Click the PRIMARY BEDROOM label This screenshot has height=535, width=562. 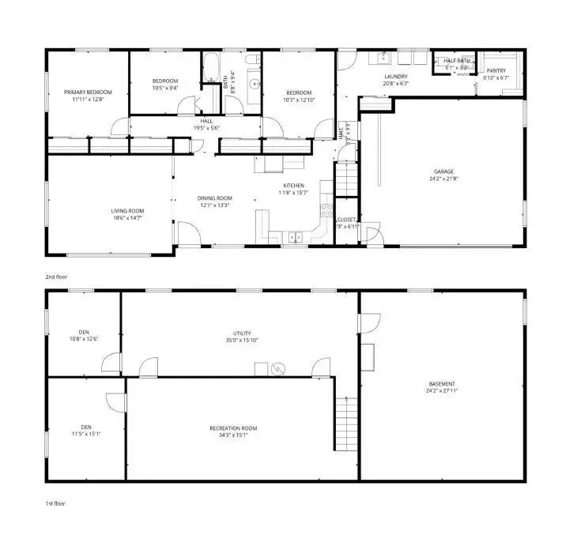[88, 92]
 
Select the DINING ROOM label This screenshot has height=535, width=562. [215, 198]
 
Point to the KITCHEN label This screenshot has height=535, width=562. [293, 185]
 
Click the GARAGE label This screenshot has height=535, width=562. [443, 171]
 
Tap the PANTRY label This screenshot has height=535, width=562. [496, 71]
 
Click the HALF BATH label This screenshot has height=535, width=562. [457, 61]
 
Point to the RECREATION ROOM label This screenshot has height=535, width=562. [233, 428]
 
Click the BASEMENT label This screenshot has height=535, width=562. [443, 383]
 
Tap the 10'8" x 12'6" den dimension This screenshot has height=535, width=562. [84, 339]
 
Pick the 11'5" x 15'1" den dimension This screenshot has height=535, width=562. [85, 432]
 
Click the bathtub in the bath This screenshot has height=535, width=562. [212, 69]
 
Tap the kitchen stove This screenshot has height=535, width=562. [325, 209]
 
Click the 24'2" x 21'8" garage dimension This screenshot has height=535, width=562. [443, 179]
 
